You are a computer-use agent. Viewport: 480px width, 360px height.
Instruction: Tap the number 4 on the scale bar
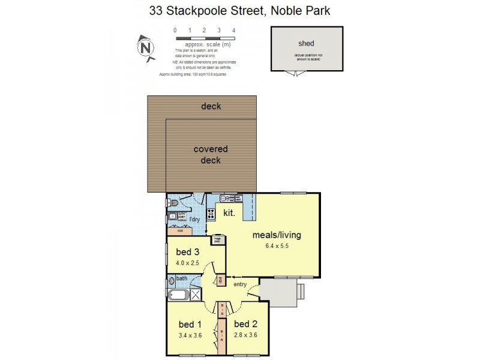tap(233, 30)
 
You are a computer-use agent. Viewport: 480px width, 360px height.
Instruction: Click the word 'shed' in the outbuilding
tap(306, 44)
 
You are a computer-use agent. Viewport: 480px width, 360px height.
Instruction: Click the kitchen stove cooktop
tap(211, 213)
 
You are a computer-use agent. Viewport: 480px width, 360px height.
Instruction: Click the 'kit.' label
tap(229, 213)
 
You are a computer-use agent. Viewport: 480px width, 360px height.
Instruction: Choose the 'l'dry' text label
tap(194, 220)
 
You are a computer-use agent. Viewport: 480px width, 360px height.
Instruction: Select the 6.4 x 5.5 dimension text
tap(276, 246)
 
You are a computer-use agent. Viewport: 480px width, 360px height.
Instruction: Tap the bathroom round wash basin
tap(172, 280)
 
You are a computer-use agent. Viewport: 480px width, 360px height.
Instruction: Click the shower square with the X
tap(196, 295)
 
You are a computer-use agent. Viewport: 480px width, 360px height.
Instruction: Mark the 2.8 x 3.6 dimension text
tap(245, 335)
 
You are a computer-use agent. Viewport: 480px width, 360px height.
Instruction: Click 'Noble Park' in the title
tap(299, 11)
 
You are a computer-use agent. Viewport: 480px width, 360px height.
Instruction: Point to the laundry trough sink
tap(172, 217)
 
